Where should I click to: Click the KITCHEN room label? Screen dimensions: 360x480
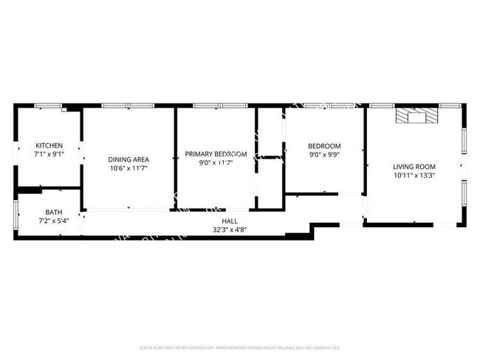49,145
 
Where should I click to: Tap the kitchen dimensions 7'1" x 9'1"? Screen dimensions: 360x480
49,155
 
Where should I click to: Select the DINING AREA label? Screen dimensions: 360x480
129,159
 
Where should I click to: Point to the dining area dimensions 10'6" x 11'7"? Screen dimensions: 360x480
129,169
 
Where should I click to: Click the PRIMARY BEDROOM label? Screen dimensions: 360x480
216,153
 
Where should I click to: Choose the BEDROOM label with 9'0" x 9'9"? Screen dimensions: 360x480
324,145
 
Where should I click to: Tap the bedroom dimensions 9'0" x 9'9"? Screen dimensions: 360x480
324,155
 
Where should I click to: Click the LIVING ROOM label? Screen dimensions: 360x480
414,166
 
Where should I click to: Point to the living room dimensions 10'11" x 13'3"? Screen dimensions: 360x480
414,176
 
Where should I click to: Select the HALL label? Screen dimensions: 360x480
230,221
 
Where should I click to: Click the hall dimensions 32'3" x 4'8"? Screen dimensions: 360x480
230,229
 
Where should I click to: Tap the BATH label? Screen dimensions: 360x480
53,212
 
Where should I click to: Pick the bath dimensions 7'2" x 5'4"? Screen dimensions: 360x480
53,221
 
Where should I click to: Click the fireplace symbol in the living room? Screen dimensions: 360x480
417,117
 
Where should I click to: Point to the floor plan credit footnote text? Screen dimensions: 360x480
239,347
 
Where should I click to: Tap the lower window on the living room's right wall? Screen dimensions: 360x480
464,194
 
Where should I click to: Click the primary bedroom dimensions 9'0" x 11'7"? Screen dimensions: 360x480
216,163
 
